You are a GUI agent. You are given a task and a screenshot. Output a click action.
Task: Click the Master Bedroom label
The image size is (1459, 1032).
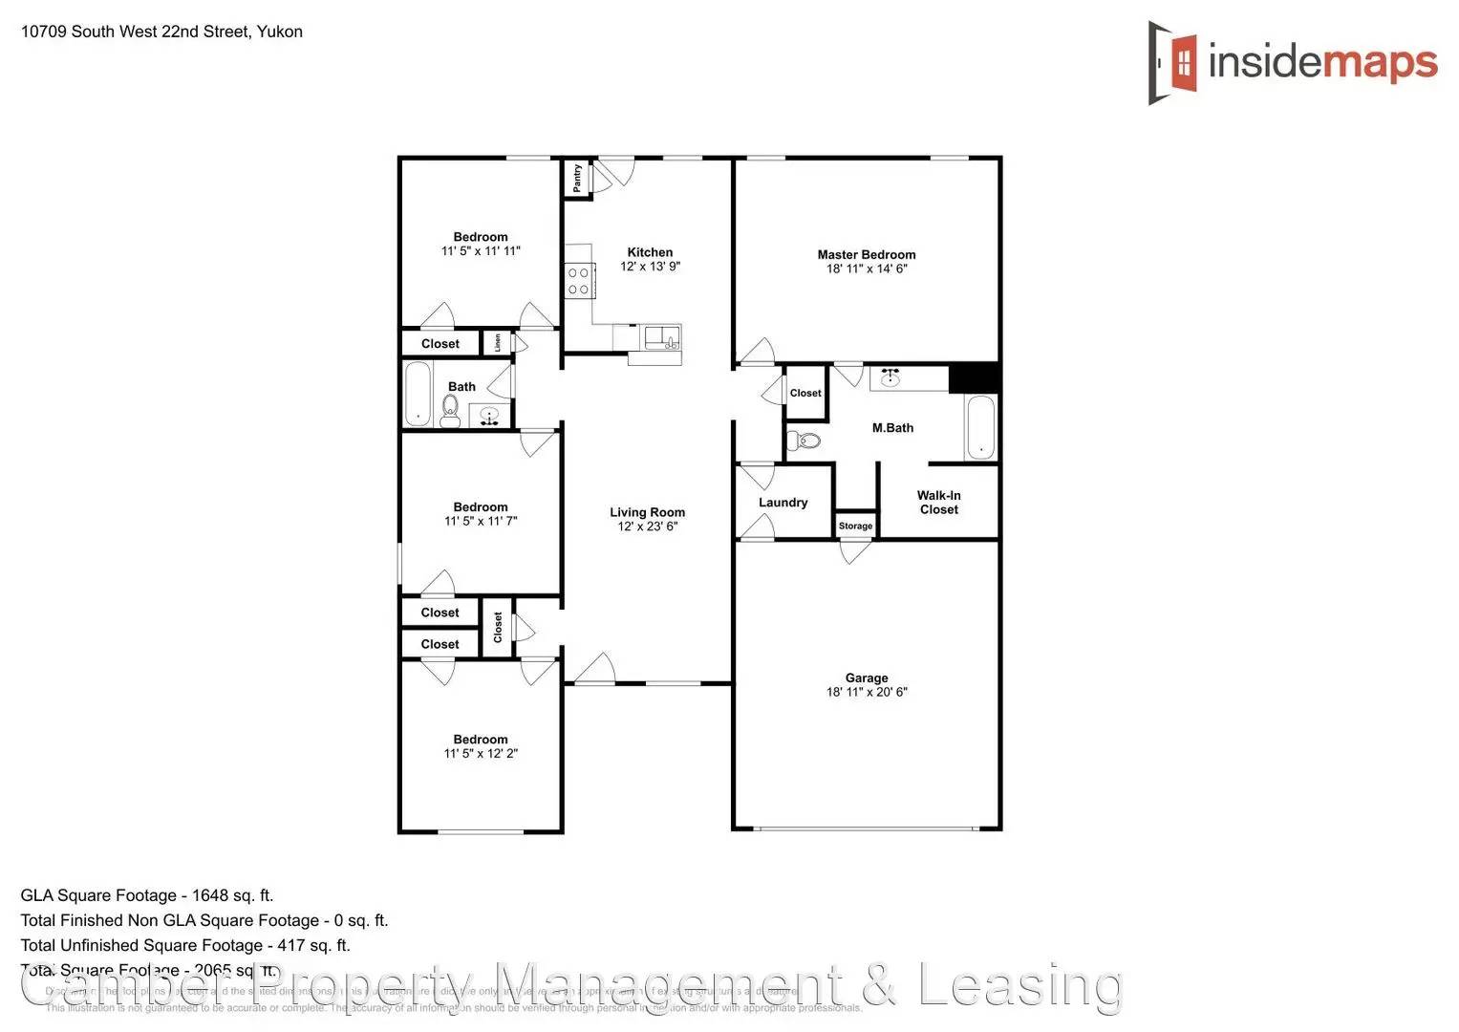pos(866,255)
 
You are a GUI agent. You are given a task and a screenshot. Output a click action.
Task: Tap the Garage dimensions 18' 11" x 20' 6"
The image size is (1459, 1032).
pos(866,692)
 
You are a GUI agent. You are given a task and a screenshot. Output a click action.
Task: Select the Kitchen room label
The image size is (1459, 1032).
pos(650,252)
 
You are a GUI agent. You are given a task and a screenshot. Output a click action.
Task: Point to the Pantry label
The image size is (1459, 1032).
pos(577,178)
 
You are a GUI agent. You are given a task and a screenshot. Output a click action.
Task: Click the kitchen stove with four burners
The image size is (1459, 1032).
pos(578,280)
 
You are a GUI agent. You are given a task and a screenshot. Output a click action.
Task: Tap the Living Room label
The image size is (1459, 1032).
pos(647,512)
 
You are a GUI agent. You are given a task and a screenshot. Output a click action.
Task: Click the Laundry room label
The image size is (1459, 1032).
pos(783,503)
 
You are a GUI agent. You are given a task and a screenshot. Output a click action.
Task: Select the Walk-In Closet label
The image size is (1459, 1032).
pos(938,503)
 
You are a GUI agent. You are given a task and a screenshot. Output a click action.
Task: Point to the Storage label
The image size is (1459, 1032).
pos(855,527)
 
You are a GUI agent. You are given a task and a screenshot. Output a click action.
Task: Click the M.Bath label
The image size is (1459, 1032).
pos(892,428)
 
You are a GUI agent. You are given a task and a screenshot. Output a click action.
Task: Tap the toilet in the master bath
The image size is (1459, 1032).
pos(805,441)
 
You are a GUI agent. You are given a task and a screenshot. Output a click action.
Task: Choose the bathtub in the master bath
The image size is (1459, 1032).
pos(980,427)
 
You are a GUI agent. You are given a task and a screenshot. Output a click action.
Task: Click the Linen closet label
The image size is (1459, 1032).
pos(498,342)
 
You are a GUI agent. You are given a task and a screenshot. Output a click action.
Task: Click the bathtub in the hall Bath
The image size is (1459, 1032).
pos(418,394)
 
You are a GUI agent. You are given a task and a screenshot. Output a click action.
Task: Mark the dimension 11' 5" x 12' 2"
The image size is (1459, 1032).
pos(481,753)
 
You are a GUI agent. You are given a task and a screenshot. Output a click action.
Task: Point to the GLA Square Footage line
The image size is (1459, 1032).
pos(147,895)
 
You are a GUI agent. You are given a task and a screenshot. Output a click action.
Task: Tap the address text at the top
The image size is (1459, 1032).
pos(161,32)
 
